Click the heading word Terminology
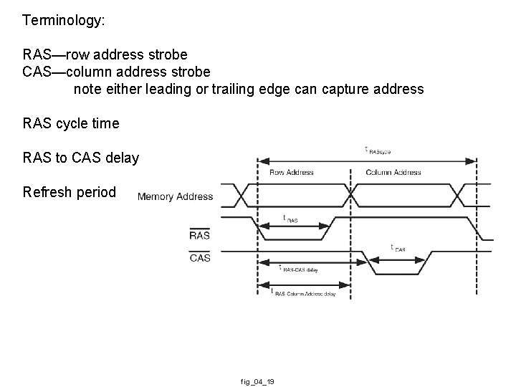point(64,20)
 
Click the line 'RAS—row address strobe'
point(105,54)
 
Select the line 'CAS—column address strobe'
point(117,72)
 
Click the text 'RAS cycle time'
point(71,123)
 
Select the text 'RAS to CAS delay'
point(81,158)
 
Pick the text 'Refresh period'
point(69,192)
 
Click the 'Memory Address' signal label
point(175,196)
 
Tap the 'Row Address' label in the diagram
point(290,173)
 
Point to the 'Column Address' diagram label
point(393,173)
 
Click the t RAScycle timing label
point(377,150)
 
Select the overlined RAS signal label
point(199,234)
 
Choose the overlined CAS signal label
point(200,257)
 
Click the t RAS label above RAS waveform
point(290,219)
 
